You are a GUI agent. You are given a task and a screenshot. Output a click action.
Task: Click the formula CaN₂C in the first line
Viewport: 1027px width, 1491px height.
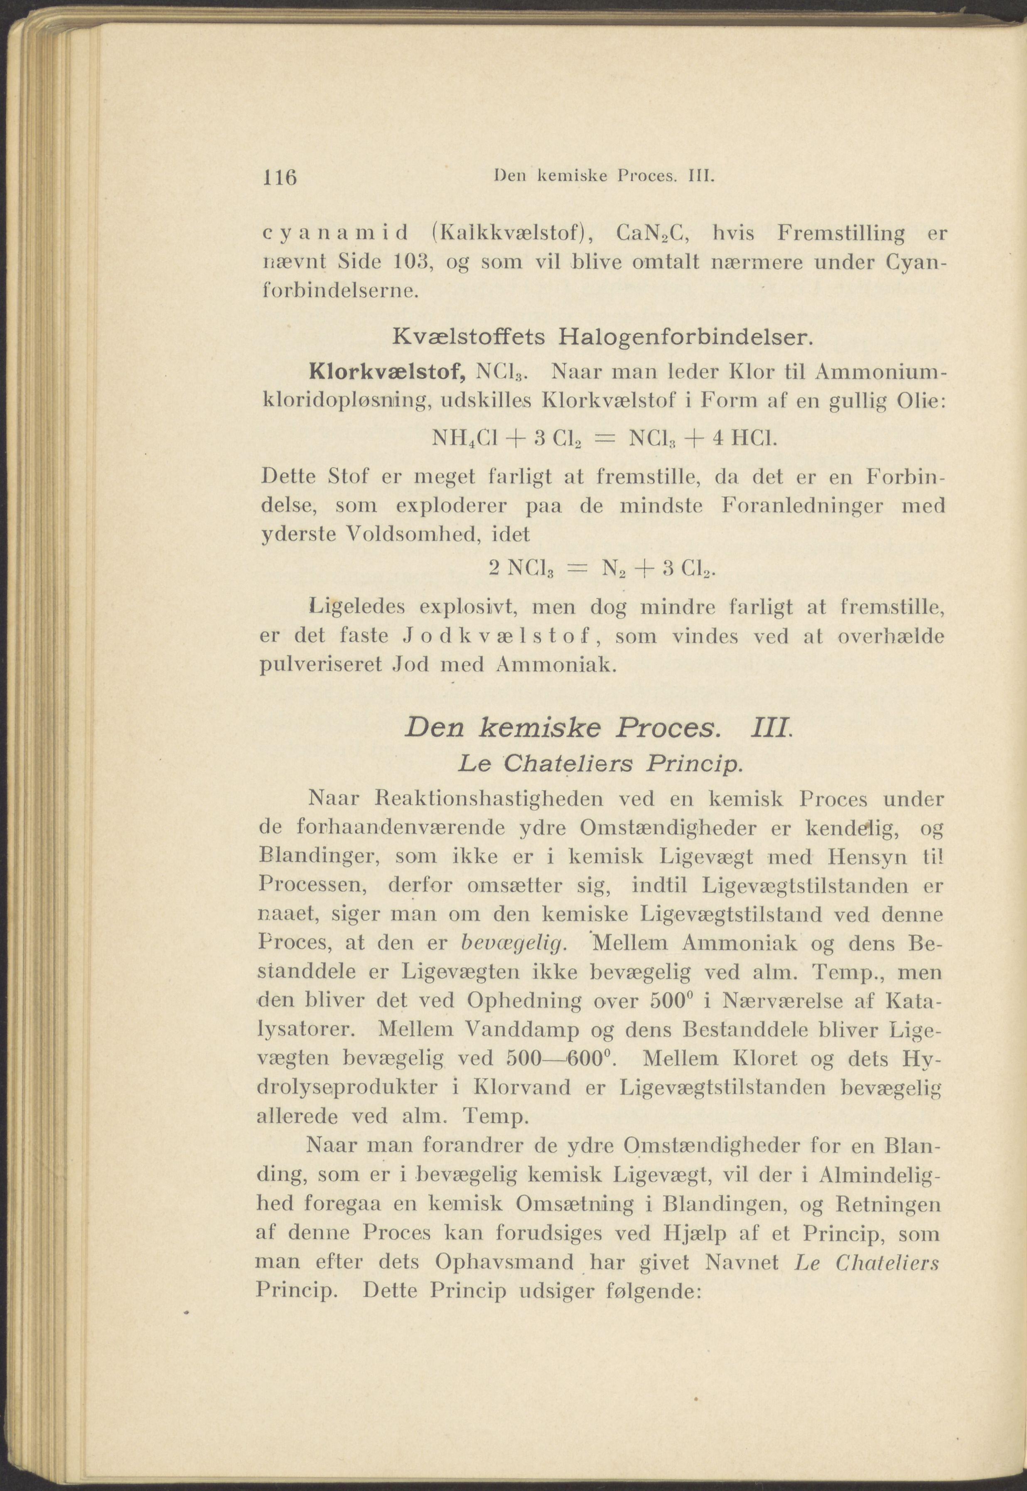[x=653, y=234]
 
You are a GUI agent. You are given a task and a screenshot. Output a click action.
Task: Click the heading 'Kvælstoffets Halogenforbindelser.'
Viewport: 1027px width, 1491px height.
[x=603, y=336]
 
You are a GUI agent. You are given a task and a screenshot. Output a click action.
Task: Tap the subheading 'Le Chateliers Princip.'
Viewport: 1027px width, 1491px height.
[x=602, y=764]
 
